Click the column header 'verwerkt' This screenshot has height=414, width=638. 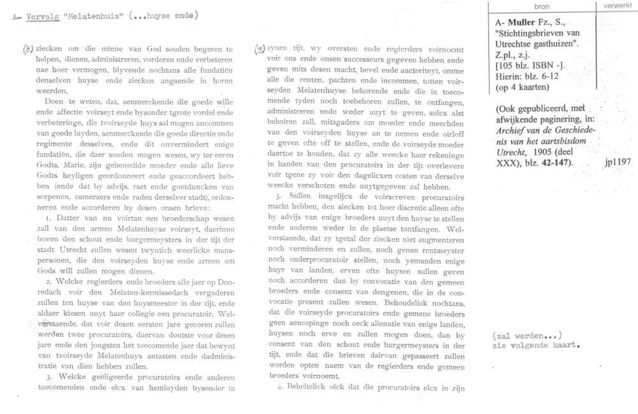[x=616, y=6]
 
